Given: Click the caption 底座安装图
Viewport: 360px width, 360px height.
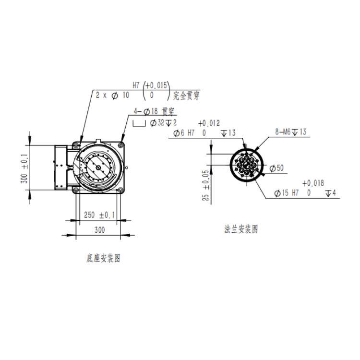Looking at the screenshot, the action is [x=104, y=258].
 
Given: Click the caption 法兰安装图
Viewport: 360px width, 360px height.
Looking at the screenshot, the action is [x=241, y=229].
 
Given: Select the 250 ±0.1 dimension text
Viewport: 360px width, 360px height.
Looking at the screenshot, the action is [x=99, y=215].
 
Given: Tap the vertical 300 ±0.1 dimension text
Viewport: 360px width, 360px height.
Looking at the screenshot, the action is [x=24, y=168].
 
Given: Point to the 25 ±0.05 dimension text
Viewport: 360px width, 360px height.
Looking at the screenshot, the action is [x=206, y=185].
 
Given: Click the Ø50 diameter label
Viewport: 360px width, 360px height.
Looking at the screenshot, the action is [x=276, y=168].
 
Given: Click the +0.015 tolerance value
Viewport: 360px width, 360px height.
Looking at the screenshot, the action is [x=156, y=85].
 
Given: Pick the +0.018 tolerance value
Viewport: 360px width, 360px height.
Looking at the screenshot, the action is [x=313, y=183].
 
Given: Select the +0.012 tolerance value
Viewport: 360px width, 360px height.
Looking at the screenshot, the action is [x=209, y=123].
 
